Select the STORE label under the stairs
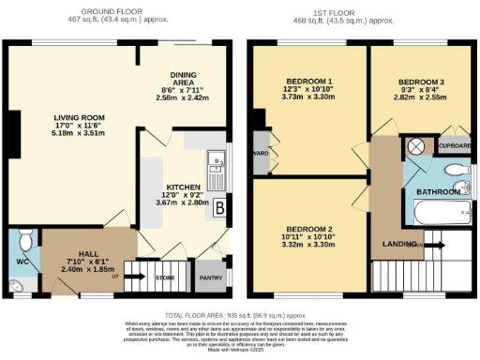click(164, 277)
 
